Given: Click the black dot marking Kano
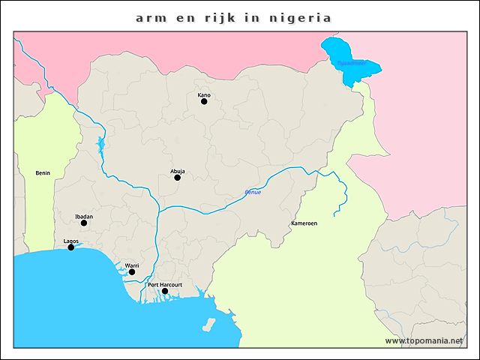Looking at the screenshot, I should [204, 101].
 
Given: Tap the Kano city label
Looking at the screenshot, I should [204, 95].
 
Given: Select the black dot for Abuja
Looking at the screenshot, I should [178, 178].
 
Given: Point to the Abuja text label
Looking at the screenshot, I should [178, 171].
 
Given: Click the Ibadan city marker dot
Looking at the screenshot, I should [84, 223].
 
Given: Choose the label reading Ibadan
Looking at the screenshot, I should [84, 216].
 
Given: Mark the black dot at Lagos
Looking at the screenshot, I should [71, 247].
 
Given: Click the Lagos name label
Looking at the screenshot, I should [71, 241].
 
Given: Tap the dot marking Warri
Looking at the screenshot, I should [132, 272].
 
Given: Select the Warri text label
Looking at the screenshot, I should [132, 265].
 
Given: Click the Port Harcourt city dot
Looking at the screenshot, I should [165, 291].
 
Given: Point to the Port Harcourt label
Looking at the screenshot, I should [165, 284].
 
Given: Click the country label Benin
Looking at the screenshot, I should [43, 173].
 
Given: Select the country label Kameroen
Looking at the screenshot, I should [304, 224].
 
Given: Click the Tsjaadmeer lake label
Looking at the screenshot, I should [351, 64].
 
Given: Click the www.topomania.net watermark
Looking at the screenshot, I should [424, 340].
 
